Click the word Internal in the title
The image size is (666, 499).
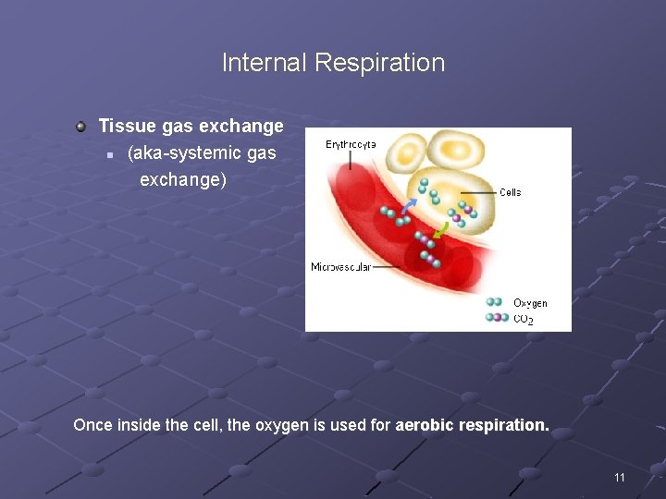264,63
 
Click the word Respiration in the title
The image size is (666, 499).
380,64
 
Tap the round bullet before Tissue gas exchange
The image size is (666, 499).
80,127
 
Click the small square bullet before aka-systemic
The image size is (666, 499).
110,155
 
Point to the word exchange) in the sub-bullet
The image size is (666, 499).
183,179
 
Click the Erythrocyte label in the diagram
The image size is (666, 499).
351,145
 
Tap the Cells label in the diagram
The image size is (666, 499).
510,192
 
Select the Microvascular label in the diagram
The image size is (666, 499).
341,267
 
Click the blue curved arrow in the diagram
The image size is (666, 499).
408,206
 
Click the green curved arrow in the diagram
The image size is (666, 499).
441,230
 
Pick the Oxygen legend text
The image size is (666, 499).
530,303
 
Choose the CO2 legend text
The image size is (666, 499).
524,319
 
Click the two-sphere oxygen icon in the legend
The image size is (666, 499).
494,302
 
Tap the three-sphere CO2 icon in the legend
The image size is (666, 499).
497,317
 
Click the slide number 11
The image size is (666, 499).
620,478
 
